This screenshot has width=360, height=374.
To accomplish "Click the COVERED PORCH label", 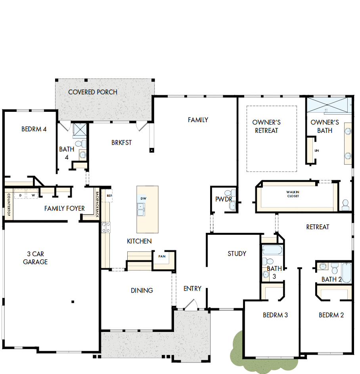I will pyautogui.click(x=93, y=92).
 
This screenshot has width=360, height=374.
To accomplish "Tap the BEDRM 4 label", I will pyautogui.click(x=34, y=129).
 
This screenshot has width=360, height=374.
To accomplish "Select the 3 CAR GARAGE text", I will pyautogui.click(x=35, y=258).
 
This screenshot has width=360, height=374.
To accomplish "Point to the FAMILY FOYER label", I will pyautogui.click(x=65, y=208).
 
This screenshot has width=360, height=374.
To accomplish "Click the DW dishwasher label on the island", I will pyautogui.click(x=144, y=198).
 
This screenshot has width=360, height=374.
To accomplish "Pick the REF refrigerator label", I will pyautogui.click(x=109, y=196).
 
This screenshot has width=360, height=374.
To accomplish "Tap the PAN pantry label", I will pyautogui.click(x=162, y=256).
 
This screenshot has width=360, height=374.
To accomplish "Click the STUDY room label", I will pyautogui.click(x=237, y=253).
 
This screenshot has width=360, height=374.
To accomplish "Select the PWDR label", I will pyautogui.click(x=224, y=199).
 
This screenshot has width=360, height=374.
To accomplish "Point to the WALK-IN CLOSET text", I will pyautogui.click(x=293, y=194).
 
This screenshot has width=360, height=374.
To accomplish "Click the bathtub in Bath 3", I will pyautogui.click(x=272, y=250).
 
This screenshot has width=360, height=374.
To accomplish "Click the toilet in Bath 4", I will pyautogui.click(x=79, y=144).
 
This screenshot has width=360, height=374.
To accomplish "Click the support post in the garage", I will pyautogui.click(x=73, y=302).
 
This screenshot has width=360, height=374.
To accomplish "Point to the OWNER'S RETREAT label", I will pyautogui.click(x=266, y=126).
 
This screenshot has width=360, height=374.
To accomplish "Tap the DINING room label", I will pyautogui.click(x=142, y=290).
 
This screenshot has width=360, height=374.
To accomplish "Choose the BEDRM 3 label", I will pyautogui.click(x=275, y=315).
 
